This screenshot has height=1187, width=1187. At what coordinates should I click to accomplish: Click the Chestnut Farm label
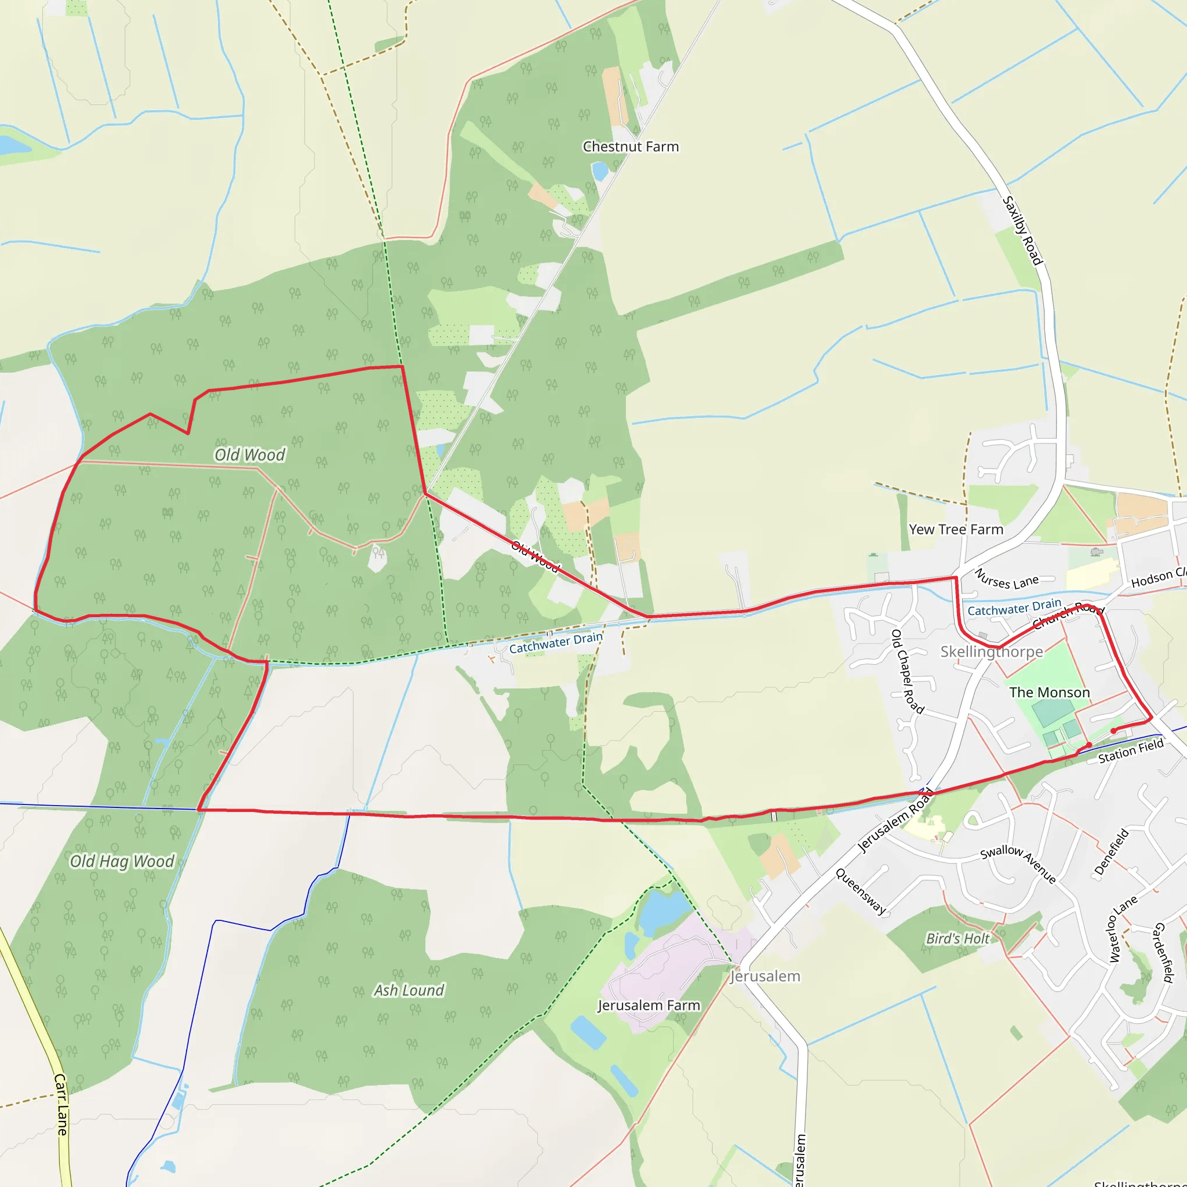tap(631, 147)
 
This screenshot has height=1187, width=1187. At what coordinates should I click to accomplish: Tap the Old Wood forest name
tap(249, 454)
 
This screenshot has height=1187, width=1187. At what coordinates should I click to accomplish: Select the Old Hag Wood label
tap(122, 861)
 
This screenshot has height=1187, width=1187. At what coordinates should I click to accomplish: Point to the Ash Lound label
tap(409, 991)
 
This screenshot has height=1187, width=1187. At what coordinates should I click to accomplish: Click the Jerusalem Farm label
tap(648, 1005)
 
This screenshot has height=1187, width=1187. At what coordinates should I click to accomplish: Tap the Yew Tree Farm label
tap(955, 530)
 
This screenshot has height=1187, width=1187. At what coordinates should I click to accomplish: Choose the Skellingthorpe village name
tap(991, 652)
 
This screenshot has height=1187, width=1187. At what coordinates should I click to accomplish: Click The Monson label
tap(1050, 693)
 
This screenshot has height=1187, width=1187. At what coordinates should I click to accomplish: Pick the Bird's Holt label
tap(958, 939)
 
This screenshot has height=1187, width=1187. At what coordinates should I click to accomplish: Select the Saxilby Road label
tap(1023, 231)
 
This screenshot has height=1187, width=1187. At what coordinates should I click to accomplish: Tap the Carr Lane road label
tap(61, 1104)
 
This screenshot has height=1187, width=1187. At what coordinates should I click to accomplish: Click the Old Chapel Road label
tap(908, 672)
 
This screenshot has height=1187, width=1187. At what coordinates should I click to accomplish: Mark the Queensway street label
tap(861, 891)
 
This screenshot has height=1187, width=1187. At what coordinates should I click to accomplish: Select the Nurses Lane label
tap(1006, 580)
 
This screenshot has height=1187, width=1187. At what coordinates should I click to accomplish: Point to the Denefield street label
tap(1112, 852)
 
